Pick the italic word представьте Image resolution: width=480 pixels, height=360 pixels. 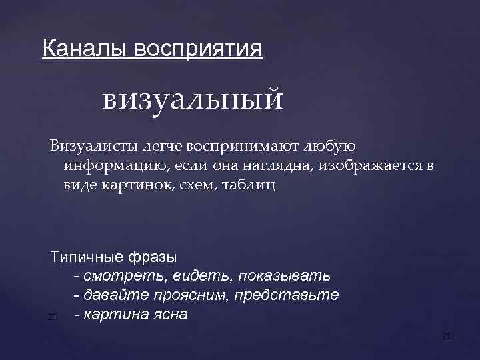tap(297, 295)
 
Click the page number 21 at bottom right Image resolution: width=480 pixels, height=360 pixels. tap(447, 337)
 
